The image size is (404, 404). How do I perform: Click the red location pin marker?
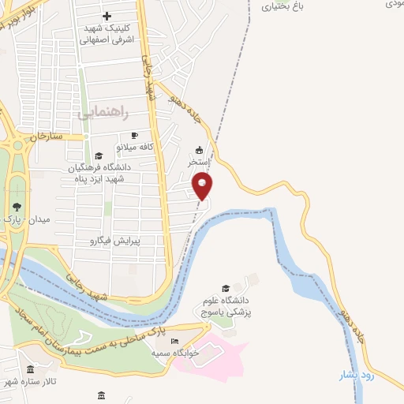pyautogui.click(x=202, y=186)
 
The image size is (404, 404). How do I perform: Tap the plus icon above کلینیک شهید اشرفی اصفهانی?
pyautogui.click(x=107, y=15)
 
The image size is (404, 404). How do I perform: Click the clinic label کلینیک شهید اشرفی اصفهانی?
pyautogui.click(x=110, y=33)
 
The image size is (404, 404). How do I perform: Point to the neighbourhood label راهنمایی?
pyautogui.click(x=98, y=114)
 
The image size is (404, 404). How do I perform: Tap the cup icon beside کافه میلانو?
pyautogui.click(x=134, y=135)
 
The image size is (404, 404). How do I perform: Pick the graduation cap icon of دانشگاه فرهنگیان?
pyautogui.click(x=99, y=155)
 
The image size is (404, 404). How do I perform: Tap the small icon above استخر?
pyautogui.click(x=199, y=150)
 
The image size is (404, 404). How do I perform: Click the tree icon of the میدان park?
pyautogui.click(x=17, y=206)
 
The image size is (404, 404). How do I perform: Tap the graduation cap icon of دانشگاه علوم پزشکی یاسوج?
pyautogui.click(x=226, y=288)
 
